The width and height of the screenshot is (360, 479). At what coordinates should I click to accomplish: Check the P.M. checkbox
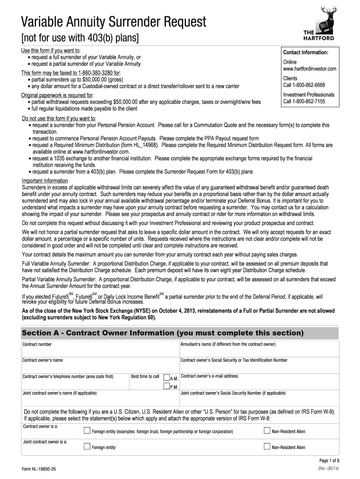point(166,386)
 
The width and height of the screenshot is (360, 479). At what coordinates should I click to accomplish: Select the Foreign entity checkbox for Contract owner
point(86,430)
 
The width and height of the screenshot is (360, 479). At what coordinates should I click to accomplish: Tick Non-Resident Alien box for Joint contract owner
point(267,447)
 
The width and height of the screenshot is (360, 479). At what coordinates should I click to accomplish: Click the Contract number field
point(100,349)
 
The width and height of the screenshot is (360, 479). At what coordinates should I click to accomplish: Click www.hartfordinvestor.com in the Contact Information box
point(310,69)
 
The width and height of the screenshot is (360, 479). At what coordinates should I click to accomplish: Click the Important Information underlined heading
point(45,181)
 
